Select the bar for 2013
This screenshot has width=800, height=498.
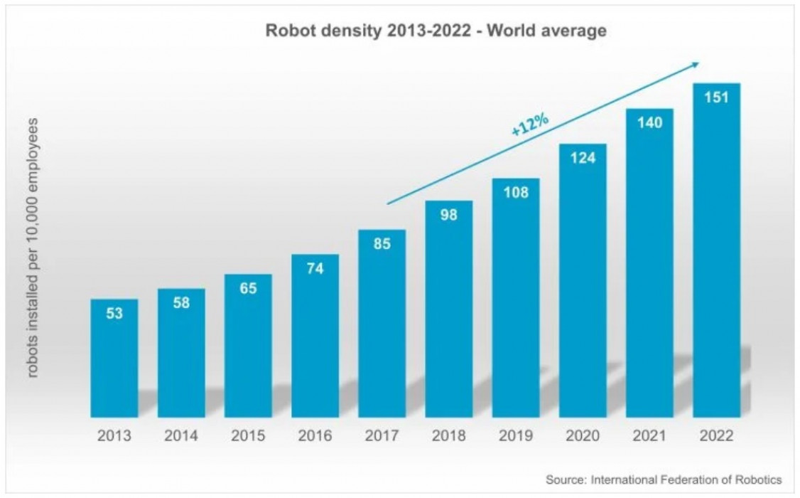(x=114, y=363)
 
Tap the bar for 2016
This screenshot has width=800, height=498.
(x=315, y=341)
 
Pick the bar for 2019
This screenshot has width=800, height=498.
(x=516, y=306)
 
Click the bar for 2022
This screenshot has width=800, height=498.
(x=716, y=256)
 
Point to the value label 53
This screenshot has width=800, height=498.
(x=114, y=314)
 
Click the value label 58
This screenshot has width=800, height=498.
(x=181, y=302)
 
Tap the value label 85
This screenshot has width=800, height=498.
(x=382, y=244)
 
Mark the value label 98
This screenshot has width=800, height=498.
(x=448, y=215)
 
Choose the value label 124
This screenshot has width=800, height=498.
(x=583, y=158)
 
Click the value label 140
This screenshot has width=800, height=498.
(x=649, y=122)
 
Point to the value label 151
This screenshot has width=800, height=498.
(x=716, y=97)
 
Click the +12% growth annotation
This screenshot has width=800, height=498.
(x=529, y=124)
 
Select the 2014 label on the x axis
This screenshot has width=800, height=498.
(x=181, y=436)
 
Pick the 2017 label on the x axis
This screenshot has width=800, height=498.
(x=382, y=436)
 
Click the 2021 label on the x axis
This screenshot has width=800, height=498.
(x=649, y=436)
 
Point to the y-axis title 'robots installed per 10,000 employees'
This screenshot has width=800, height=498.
(x=33, y=248)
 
